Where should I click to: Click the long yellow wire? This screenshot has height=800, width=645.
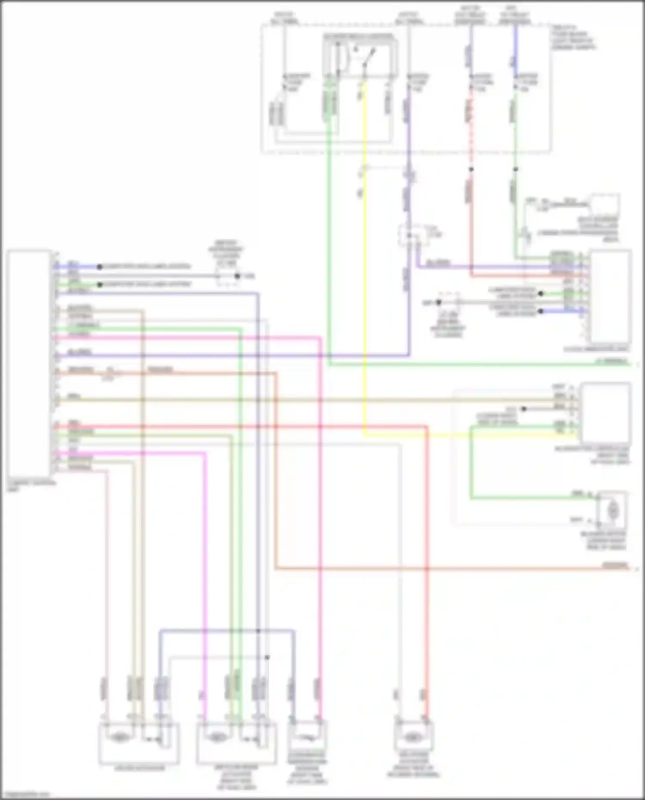click(x=365, y=258)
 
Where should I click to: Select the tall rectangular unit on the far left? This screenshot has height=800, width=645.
click(x=28, y=365)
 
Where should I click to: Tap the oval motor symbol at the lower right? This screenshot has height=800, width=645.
click(x=612, y=510)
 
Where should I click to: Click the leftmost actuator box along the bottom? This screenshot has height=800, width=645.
click(x=139, y=743)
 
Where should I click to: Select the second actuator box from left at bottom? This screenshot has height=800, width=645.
click(x=236, y=743)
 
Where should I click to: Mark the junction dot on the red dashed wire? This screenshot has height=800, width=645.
click(x=471, y=169)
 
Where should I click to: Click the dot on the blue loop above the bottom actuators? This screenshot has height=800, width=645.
click(x=258, y=631)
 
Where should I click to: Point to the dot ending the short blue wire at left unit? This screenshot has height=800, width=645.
click(x=99, y=267)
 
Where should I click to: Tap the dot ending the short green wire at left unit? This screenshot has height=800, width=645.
click(x=99, y=284)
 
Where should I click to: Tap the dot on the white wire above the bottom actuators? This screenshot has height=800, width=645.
click(x=267, y=657)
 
